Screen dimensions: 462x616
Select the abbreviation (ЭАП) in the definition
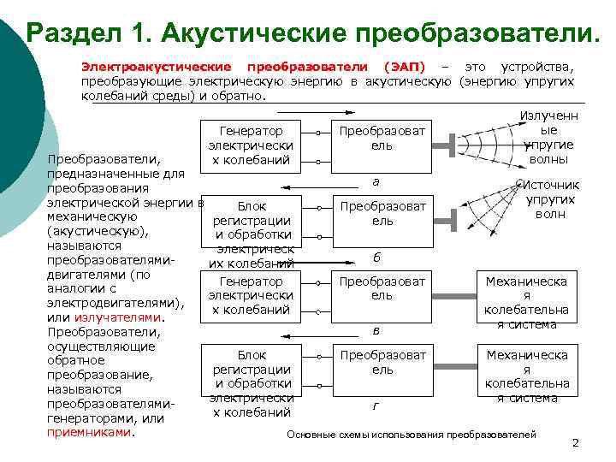(x=404, y=66)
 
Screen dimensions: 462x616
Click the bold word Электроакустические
(x=156, y=66)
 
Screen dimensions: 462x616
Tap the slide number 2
(x=575, y=442)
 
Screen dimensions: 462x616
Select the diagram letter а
(x=375, y=181)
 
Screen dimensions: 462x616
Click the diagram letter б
(x=375, y=257)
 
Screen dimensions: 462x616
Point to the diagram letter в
(x=375, y=329)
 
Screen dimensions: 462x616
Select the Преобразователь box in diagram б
(x=382, y=213)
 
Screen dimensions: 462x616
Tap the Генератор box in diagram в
(x=252, y=295)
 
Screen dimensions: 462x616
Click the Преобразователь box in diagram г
(x=382, y=362)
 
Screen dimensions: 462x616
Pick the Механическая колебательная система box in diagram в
(x=526, y=302)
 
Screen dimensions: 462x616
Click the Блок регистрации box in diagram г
(x=252, y=383)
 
